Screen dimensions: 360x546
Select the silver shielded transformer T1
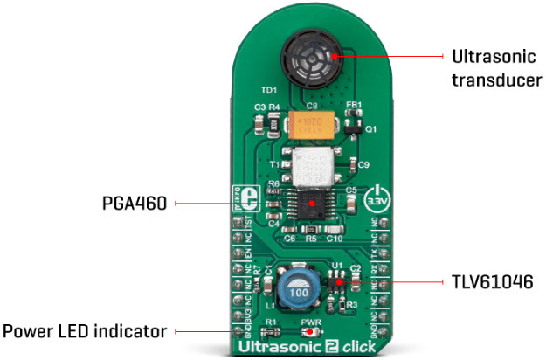314,167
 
